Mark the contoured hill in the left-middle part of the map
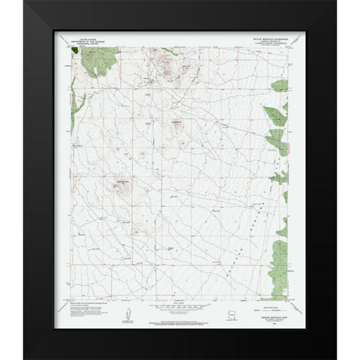[x=121, y=187]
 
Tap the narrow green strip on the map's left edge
[x=77, y=142]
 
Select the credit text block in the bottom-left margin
[x=90, y=307]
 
